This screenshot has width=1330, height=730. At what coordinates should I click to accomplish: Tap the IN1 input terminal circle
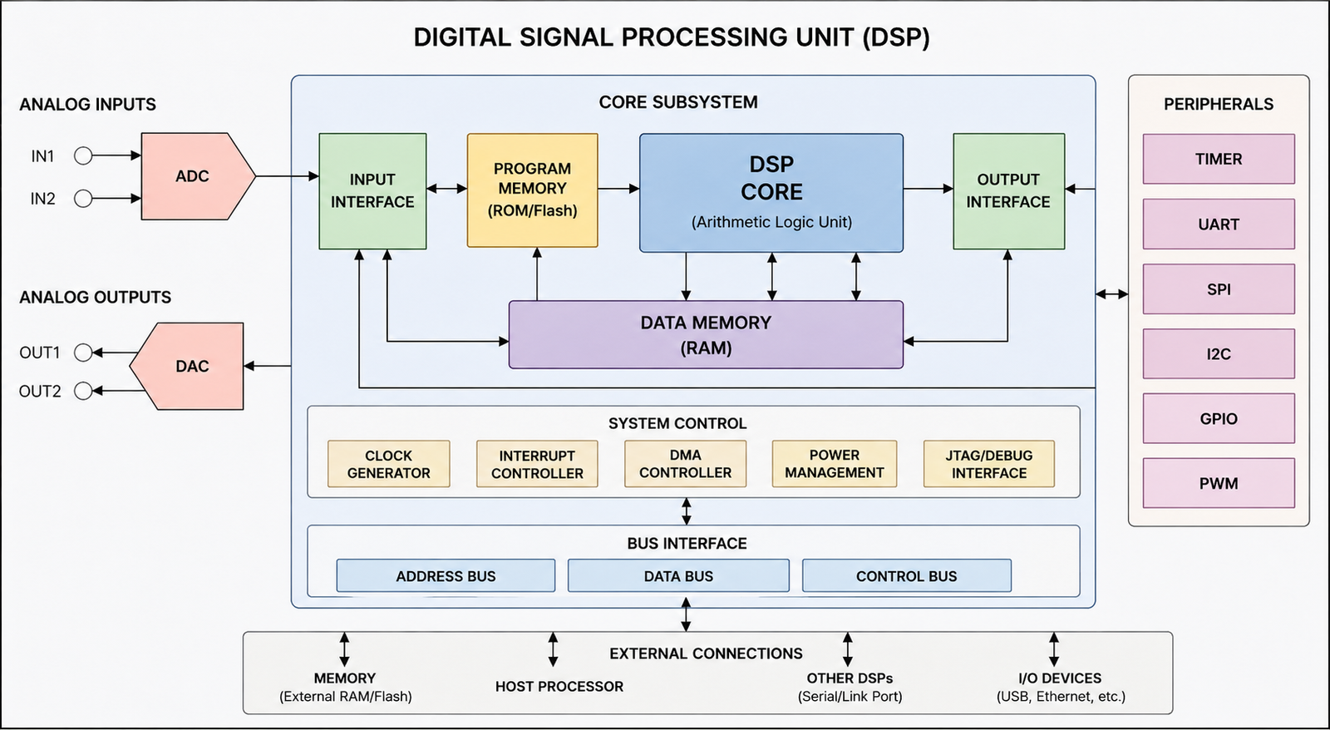[83, 155]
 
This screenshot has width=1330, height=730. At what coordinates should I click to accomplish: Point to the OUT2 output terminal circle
[83, 391]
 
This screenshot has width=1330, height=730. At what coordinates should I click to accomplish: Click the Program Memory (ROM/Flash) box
[533, 190]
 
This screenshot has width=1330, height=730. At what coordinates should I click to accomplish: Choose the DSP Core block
[771, 193]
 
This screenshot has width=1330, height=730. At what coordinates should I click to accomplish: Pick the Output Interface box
[1009, 191]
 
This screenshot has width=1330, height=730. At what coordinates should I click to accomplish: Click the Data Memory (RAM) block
[706, 334]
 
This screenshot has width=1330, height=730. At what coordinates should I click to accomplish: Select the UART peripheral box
[1219, 224]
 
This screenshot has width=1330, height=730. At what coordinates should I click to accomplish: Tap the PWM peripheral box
[1219, 483]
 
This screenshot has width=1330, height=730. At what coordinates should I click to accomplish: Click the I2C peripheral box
[1219, 353]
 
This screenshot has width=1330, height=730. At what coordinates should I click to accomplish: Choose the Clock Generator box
[389, 464]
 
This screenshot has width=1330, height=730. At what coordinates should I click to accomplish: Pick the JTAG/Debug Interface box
[989, 464]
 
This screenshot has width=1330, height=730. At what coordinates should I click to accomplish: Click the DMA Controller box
[685, 464]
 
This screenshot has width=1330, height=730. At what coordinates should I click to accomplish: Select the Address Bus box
[446, 575]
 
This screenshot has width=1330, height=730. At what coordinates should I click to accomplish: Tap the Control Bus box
[907, 575]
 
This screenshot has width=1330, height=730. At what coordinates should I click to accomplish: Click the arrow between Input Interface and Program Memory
[446, 189]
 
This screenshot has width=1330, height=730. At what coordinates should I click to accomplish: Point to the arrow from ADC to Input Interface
[288, 175]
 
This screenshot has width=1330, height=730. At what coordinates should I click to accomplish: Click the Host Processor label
[559, 687]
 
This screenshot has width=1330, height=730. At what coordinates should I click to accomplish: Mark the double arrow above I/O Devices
[1054, 649]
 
